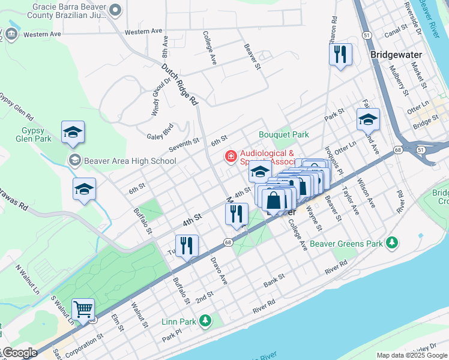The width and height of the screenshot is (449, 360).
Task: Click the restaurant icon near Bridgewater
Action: (x=340, y=55)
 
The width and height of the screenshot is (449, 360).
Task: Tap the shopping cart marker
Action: (x=83, y=310)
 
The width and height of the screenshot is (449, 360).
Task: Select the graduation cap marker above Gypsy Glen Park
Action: (x=73, y=132)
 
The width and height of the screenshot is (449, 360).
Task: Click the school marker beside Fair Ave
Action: (x=367, y=119)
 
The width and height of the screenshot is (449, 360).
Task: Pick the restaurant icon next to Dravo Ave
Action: (x=187, y=245)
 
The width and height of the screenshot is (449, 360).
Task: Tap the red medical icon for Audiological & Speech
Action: (x=230, y=157)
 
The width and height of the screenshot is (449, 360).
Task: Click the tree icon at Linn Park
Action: (x=205, y=322)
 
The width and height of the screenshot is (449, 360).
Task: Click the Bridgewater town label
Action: (x=396, y=55)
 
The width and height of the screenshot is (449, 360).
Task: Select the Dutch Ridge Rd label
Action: (x=179, y=85)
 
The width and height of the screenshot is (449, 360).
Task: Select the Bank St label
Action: (x=274, y=280)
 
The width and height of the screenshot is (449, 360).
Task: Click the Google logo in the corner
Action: (x=19, y=353)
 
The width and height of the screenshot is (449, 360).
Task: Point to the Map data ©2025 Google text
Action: (x=411, y=355)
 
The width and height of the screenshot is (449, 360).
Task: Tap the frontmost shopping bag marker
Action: (x=273, y=201)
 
